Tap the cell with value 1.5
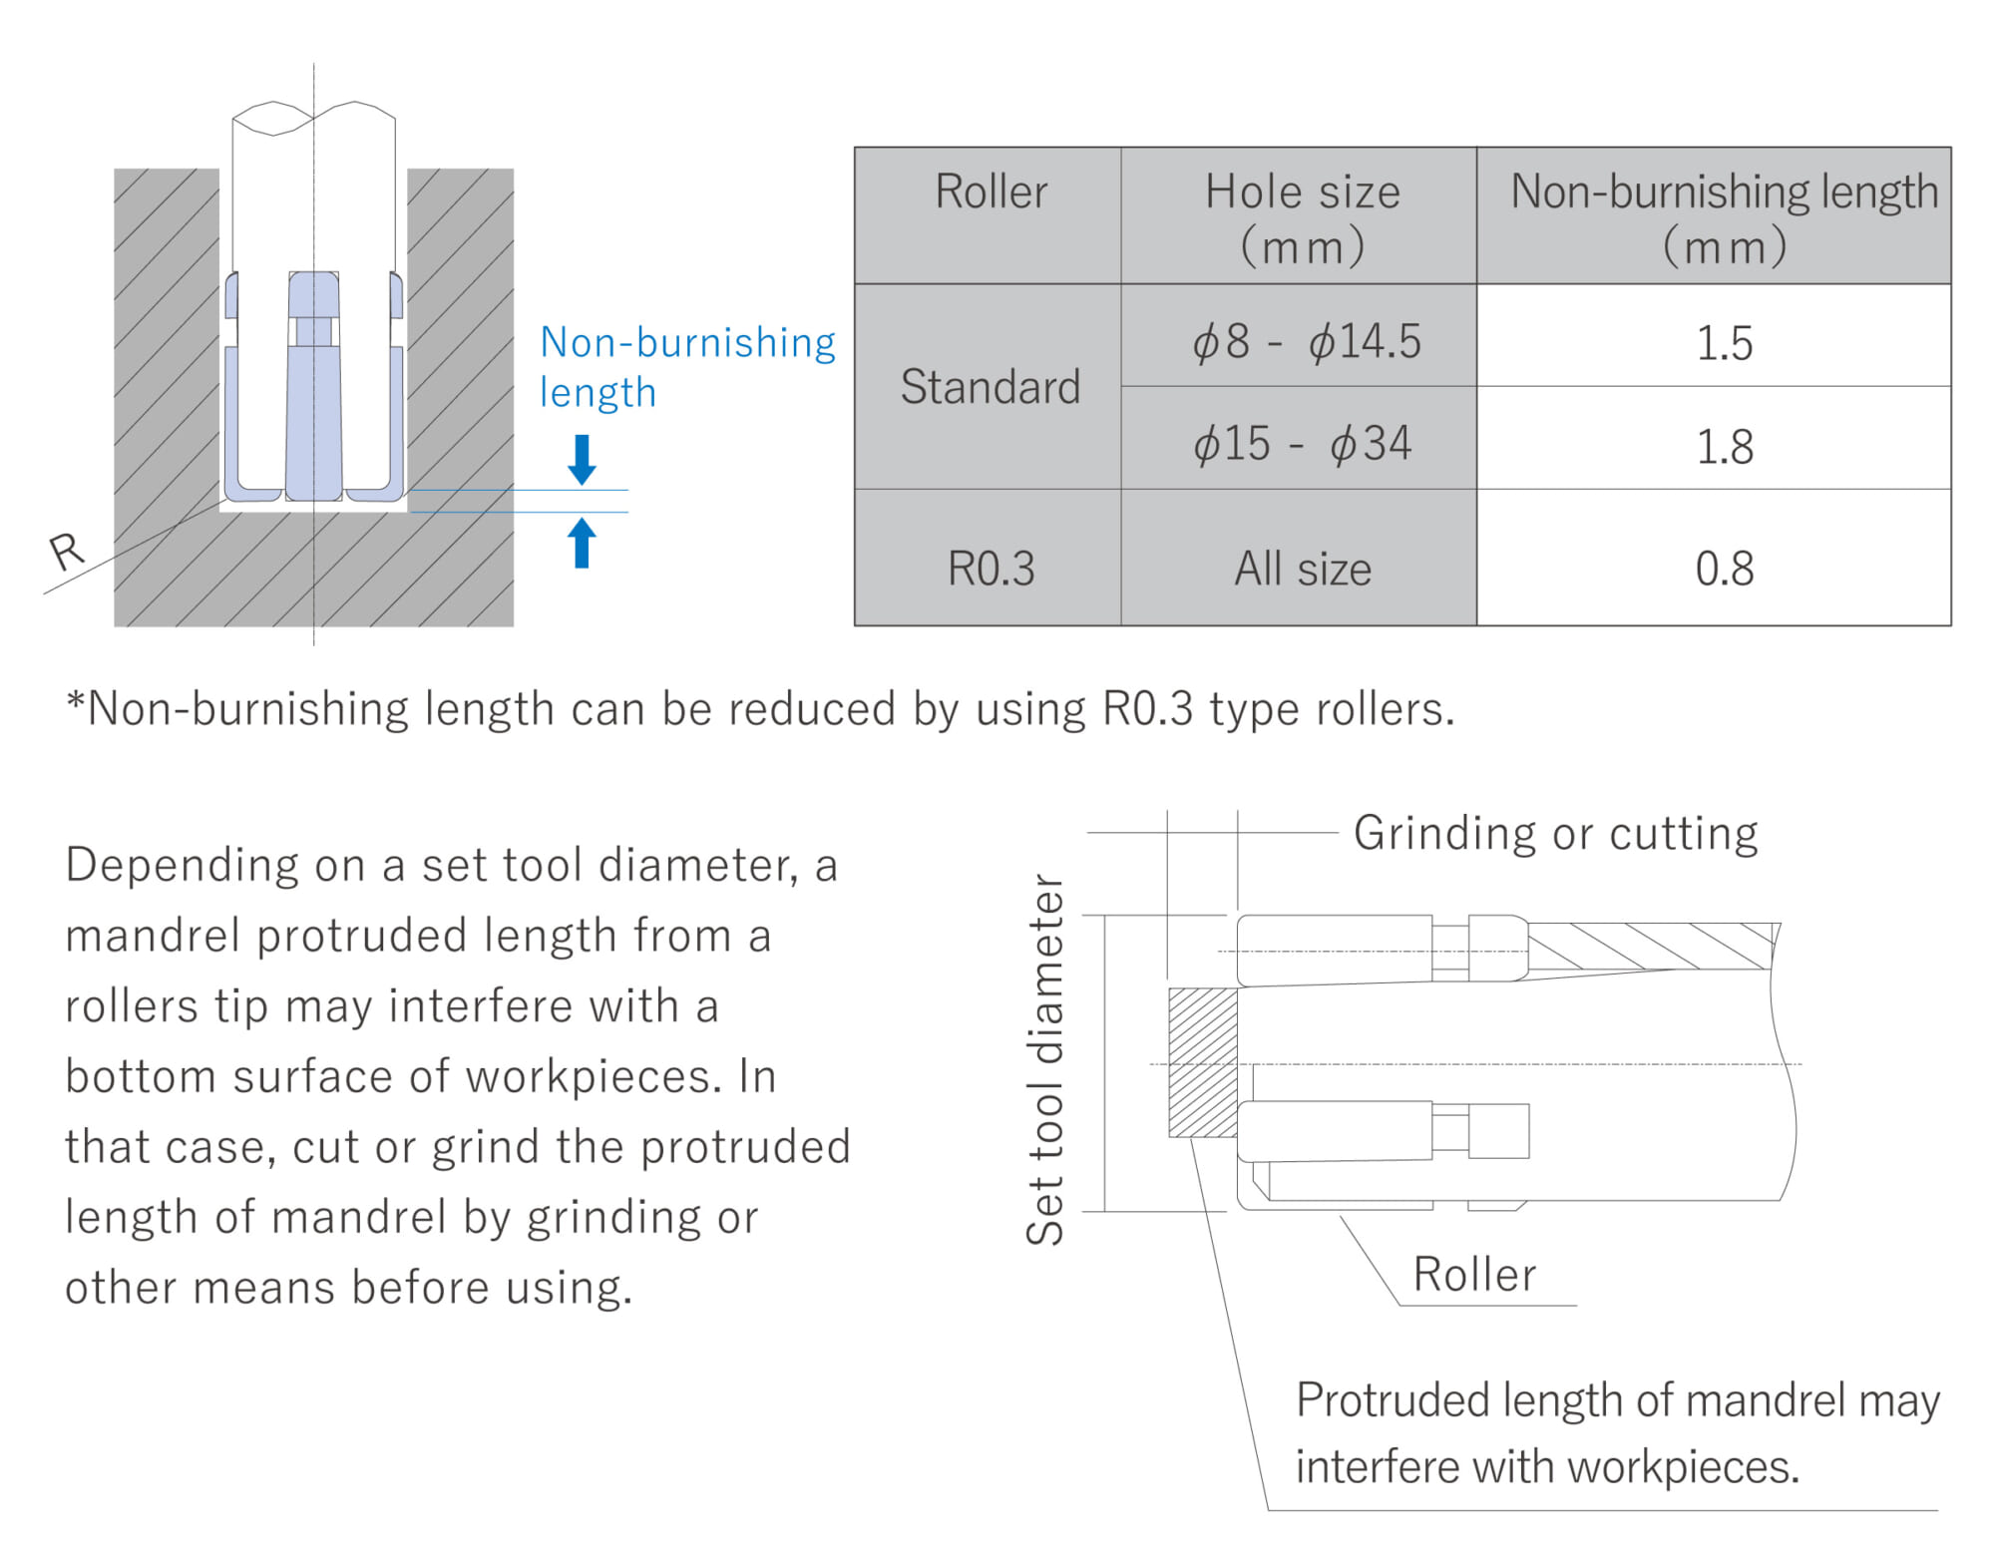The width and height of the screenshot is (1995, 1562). [x=1723, y=342]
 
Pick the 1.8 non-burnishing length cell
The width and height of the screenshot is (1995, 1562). [x=1723, y=445]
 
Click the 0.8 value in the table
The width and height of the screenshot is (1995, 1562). [x=1723, y=568]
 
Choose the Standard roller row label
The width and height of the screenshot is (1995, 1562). [x=990, y=386]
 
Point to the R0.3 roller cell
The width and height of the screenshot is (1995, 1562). [x=990, y=568]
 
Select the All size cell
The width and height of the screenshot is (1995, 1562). [x=1301, y=568]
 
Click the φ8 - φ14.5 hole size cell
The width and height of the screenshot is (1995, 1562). [x=1305, y=342]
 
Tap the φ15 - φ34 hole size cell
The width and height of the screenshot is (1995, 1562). [x=1301, y=443]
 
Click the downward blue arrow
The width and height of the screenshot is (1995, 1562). [x=582, y=459]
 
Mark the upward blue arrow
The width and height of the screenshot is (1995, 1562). [x=582, y=543]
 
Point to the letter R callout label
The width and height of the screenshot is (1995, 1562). [x=66, y=551]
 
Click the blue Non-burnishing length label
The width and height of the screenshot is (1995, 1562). [x=686, y=366]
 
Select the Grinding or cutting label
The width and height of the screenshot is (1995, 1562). [x=1554, y=833]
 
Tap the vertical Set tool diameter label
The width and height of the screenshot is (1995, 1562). [x=1045, y=1059]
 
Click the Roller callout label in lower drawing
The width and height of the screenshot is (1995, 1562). [x=1473, y=1274]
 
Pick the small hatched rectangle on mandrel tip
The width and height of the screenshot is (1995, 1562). [x=1202, y=1062]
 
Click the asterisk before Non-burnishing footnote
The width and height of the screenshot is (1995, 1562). [x=75, y=701]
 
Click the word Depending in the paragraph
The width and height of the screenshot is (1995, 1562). [x=180, y=865]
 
